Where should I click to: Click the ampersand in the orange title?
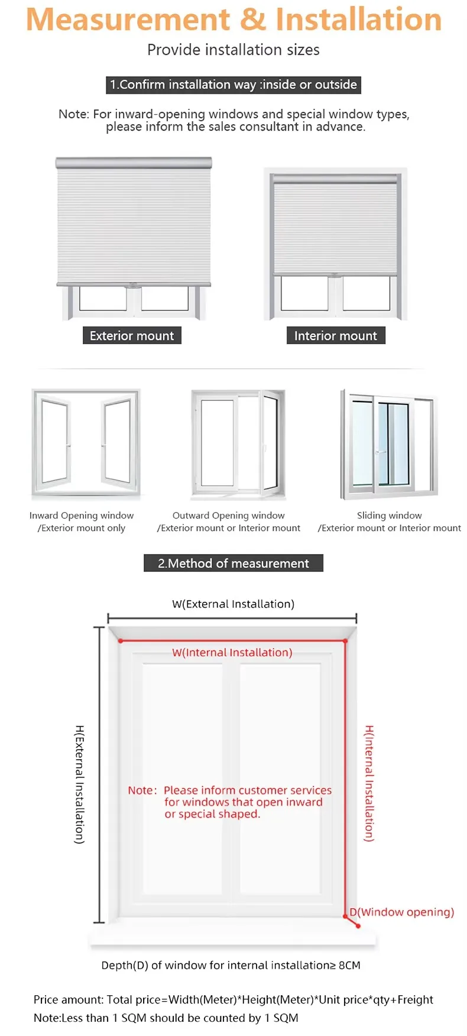click(253, 20)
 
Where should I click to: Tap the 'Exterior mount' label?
click(132, 336)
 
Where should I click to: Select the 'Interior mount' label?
click(335, 336)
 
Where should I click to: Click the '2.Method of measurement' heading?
click(234, 564)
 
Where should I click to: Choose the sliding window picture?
click(388, 444)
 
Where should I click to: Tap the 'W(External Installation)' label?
click(233, 604)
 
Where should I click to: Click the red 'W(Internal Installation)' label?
click(232, 653)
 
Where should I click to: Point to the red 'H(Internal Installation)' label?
click(369, 783)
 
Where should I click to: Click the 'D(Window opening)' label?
click(402, 912)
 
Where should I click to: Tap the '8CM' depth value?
click(349, 966)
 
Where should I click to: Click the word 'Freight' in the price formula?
click(416, 1000)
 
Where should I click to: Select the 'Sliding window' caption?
click(389, 516)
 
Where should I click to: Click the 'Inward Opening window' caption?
click(82, 516)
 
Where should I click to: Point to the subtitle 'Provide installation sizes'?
click(234, 50)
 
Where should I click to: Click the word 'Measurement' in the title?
click(129, 20)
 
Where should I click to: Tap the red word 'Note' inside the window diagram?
click(141, 791)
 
